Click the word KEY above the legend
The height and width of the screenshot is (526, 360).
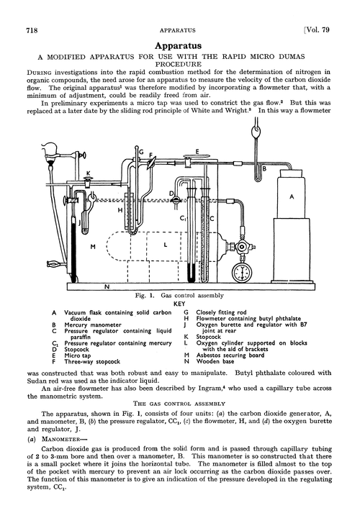[180, 304]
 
